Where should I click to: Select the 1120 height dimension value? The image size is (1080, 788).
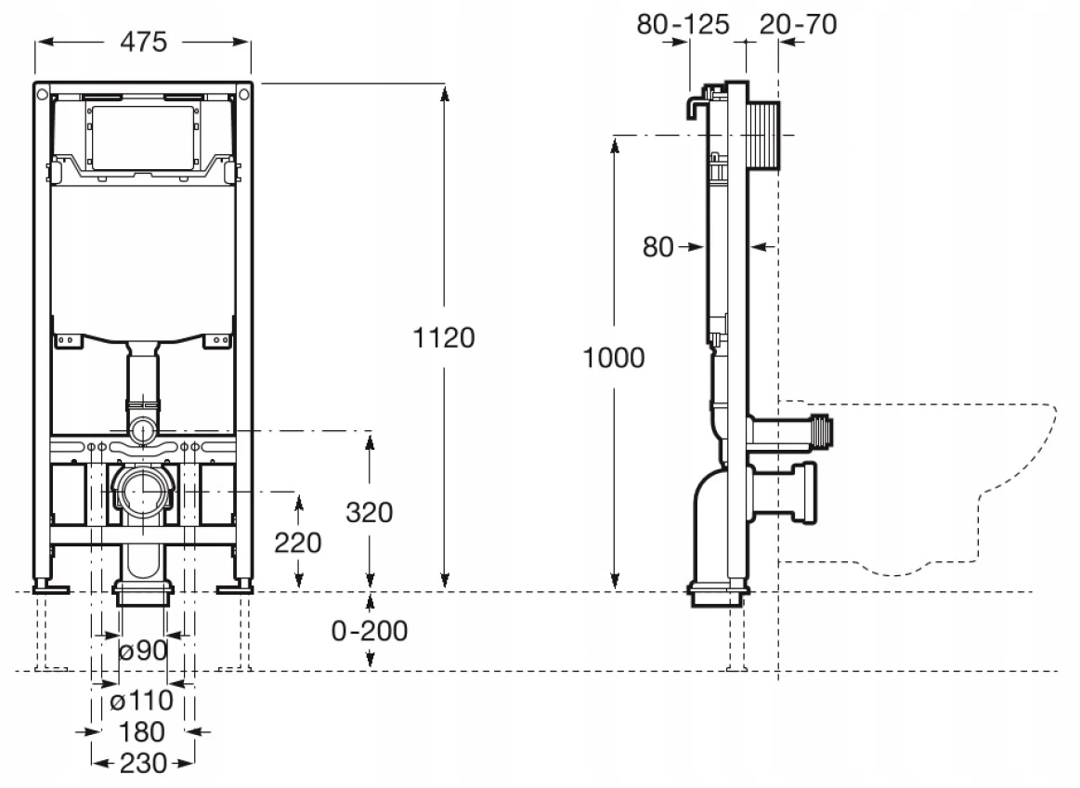tap(444, 337)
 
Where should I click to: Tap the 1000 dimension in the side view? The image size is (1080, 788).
tap(613, 358)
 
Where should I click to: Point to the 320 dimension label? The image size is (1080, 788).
tap(370, 512)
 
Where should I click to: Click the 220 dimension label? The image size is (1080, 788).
tap(298, 542)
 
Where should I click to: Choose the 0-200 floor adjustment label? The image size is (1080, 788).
tap(370, 631)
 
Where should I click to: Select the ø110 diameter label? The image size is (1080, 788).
tap(141, 700)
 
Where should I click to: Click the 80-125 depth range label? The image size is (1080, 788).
tap(683, 23)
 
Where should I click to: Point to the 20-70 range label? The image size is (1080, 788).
tap(798, 23)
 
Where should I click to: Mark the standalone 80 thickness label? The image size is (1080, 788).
tap(657, 247)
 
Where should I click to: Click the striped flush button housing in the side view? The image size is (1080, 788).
tap(761, 135)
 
